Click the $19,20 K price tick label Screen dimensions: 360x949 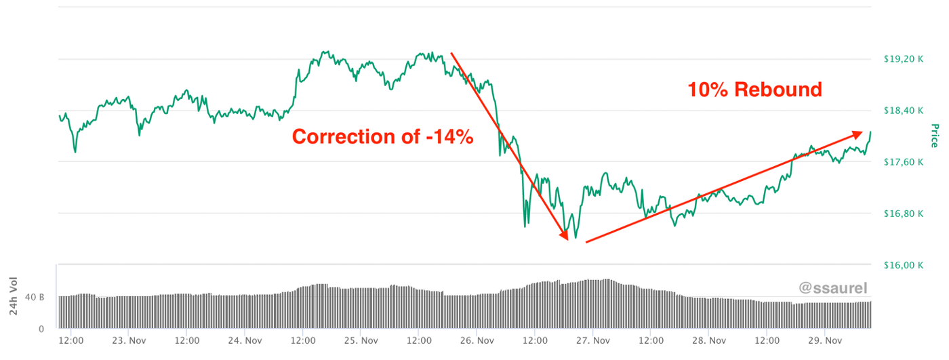click(904, 59)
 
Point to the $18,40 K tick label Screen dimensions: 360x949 click(904, 111)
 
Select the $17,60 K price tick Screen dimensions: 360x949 click(904, 162)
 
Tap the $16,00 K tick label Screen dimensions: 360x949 click(904, 265)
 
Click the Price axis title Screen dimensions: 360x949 click(934, 136)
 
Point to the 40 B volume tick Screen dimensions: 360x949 click(35, 297)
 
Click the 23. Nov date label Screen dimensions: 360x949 click(129, 340)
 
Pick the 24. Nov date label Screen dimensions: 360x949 click(245, 340)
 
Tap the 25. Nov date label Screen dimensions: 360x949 click(361, 340)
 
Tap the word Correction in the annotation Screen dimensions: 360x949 click(341, 137)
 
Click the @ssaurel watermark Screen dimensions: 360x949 click(833, 288)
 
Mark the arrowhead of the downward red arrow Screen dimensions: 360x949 click(564, 235)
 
